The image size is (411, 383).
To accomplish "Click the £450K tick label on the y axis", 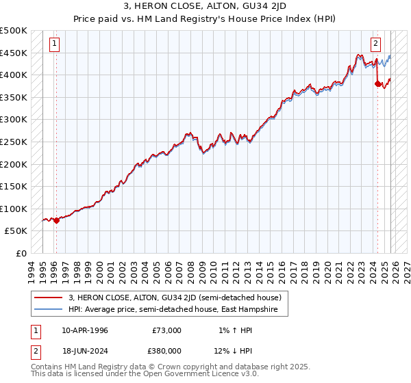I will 14,53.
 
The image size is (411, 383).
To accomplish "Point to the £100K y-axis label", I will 14,209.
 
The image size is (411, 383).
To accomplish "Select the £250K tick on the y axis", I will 14,142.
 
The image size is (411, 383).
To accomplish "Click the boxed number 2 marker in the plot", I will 376,44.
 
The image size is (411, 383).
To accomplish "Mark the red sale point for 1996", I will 56,221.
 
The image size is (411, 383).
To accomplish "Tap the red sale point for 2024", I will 377,84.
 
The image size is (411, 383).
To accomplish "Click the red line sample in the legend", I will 49,298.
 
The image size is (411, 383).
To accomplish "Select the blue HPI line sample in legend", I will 49,309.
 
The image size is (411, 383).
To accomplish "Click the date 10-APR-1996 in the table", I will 84,330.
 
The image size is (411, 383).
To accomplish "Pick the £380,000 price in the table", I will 167,350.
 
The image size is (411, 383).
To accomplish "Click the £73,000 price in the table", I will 167,330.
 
